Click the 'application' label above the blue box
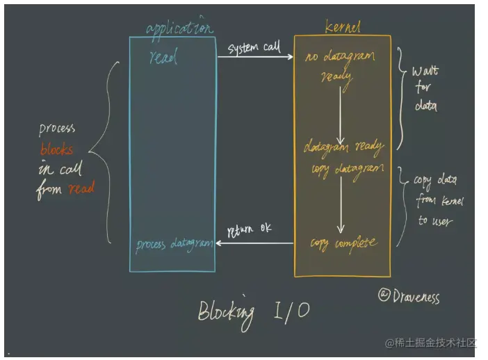click(x=179, y=28)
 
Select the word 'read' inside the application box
click(x=163, y=58)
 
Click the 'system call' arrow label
click(x=254, y=48)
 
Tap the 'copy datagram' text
click(x=344, y=169)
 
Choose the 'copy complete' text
click(x=343, y=243)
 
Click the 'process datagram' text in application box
click(x=174, y=244)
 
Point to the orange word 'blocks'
click(x=56, y=149)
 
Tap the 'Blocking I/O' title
click(x=254, y=311)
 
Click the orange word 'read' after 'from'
click(x=81, y=188)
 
